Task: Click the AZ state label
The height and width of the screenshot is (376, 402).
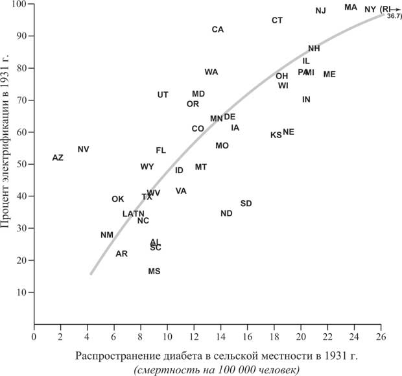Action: click(58, 158)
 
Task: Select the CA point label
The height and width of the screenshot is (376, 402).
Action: click(218, 30)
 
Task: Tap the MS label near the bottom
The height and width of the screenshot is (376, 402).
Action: click(154, 272)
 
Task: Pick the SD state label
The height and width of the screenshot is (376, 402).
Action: click(246, 204)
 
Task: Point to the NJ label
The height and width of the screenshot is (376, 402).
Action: click(320, 11)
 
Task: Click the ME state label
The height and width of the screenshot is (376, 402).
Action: click(329, 75)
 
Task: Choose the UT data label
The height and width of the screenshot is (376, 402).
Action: click(163, 95)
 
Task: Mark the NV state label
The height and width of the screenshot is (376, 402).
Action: click(83, 150)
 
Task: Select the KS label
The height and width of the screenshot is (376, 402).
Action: click(276, 135)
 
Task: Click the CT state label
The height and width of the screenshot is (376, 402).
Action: click(277, 21)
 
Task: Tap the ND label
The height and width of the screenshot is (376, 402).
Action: click(226, 214)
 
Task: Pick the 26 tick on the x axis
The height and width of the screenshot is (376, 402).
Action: click(381, 337)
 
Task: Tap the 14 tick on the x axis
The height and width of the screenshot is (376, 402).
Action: click(220, 337)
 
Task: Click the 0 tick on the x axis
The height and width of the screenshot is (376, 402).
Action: click(34, 337)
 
